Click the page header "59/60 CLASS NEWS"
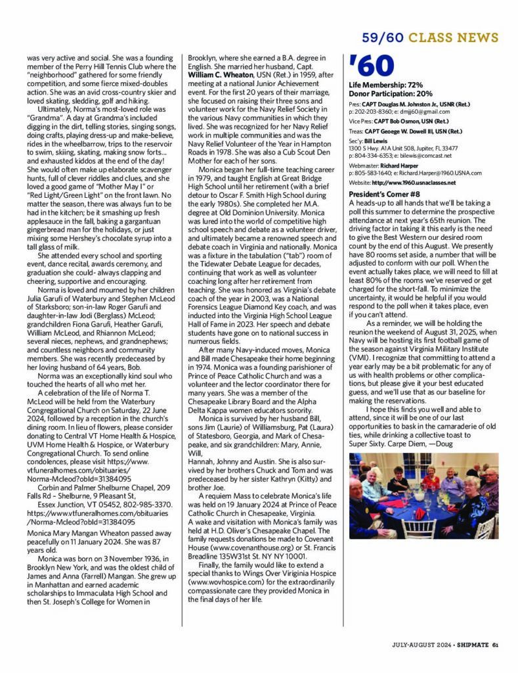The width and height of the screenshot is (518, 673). (x=430, y=38)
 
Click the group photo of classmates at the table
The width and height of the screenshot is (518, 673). (x=423, y=495)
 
